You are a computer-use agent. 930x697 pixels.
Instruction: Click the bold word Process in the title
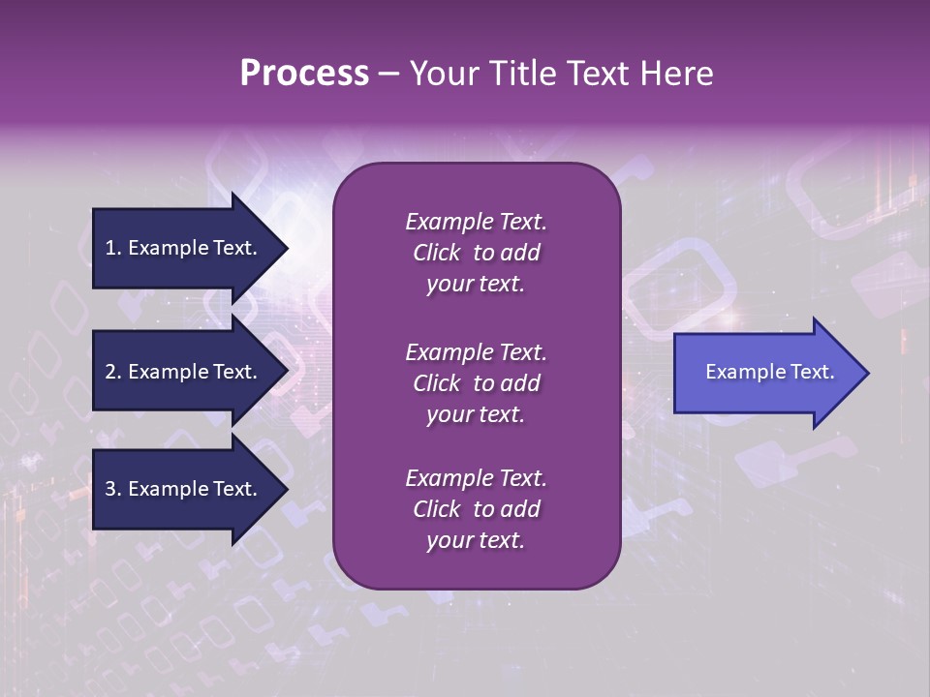click(304, 74)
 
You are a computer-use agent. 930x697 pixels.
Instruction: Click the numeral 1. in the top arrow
click(113, 248)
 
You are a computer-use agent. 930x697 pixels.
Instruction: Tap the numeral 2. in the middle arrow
click(113, 372)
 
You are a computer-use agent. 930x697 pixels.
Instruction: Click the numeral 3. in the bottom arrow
click(113, 489)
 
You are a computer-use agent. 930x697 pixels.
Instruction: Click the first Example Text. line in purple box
click(476, 222)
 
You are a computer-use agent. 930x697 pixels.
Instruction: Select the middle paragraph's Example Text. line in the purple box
click(476, 352)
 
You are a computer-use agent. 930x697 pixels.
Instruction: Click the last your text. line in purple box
click(476, 541)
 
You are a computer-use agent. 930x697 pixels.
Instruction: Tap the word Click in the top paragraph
click(436, 253)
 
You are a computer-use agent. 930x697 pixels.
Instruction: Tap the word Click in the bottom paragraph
click(436, 509)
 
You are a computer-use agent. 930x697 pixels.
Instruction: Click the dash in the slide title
click(388, 75)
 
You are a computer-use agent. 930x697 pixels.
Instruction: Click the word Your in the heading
click(442, 74)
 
